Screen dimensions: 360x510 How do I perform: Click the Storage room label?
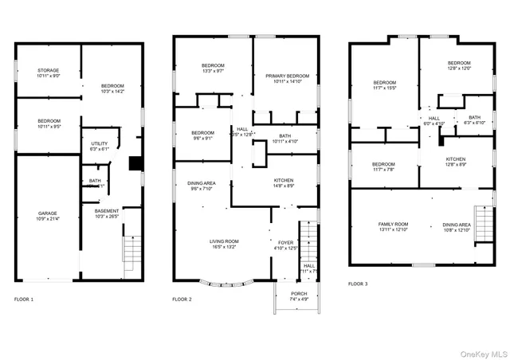47,72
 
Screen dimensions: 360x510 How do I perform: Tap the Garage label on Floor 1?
47,215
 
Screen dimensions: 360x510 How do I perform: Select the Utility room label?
100,146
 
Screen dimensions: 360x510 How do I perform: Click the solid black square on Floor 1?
135,163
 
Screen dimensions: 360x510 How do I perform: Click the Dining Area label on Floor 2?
202,186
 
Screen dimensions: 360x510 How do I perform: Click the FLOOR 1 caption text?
24,299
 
